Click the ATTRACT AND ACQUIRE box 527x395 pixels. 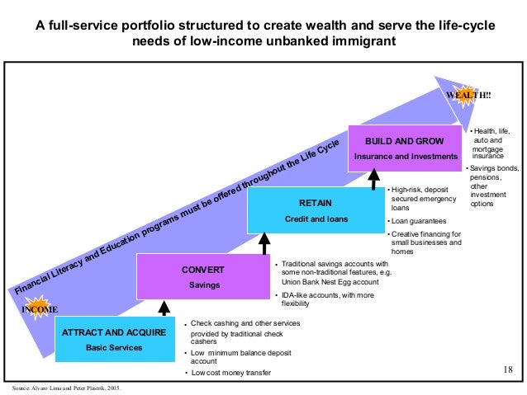[x=115, y=341]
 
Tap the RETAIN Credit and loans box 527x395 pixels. [x=316, y=210]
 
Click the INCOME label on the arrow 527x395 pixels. [x=40, y=309]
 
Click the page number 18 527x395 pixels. [x=508, y=369]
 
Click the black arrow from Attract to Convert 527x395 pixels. [x=163, y=308]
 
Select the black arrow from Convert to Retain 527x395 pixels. [x=264, y=244]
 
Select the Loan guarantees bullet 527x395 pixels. [x=418, y=221]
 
